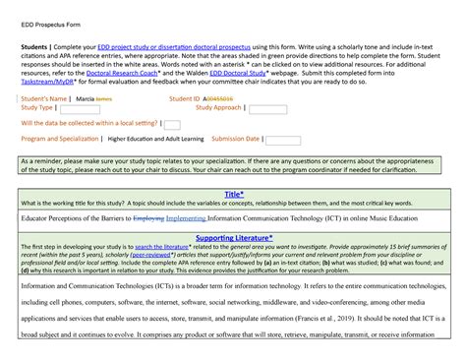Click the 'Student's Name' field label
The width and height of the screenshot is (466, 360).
click(x=43, y=98)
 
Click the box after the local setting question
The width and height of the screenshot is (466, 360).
click(x=171, y=125)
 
